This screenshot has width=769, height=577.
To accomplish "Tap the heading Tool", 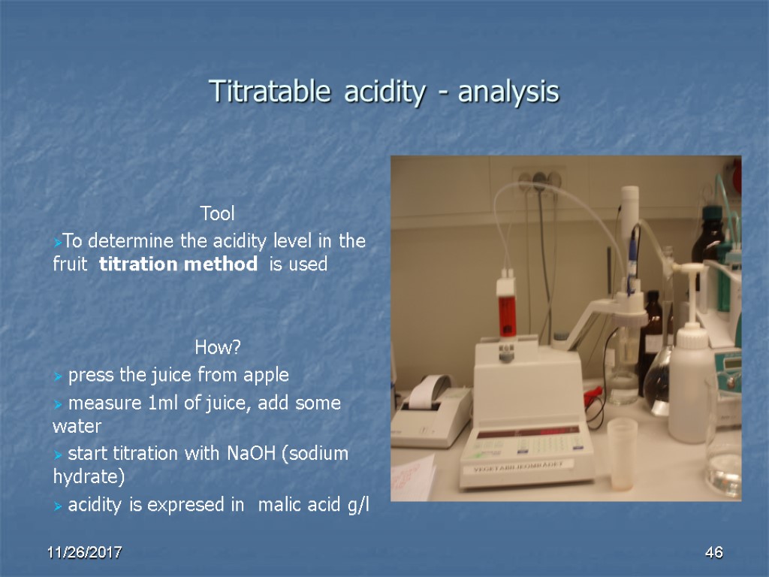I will click(217, 214).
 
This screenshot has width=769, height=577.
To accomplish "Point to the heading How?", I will click(217, 347).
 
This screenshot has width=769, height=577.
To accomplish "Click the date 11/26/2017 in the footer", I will click(85, 553).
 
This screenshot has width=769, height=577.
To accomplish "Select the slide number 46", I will click(713, 553).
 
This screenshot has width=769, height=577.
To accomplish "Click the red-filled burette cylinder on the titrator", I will click(505, 309).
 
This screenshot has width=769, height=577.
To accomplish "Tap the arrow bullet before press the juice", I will click(59, 375).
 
